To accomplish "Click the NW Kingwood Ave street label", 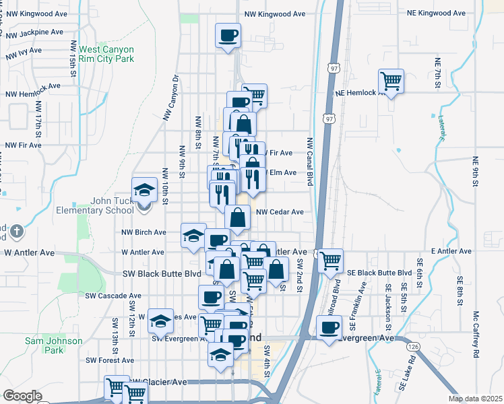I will click(275, 13).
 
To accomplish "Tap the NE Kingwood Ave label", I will click(437, 13).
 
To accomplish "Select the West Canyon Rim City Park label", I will click(106, 55).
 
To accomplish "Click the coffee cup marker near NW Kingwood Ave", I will click(228, 34).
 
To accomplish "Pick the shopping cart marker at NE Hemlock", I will click(391, 81).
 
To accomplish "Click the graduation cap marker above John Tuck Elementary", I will click(144, 191).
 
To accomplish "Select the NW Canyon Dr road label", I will click(172, 97).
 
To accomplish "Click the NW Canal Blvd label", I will click(310, 161).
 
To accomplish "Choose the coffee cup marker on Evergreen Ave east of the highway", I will click(329, 328).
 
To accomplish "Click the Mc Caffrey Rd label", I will click(476, 334).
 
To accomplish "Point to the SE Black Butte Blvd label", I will click(379, 273).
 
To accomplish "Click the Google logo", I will click(22, 396).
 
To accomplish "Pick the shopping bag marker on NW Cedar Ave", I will click(238, 217).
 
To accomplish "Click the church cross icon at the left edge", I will click(17, 232).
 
